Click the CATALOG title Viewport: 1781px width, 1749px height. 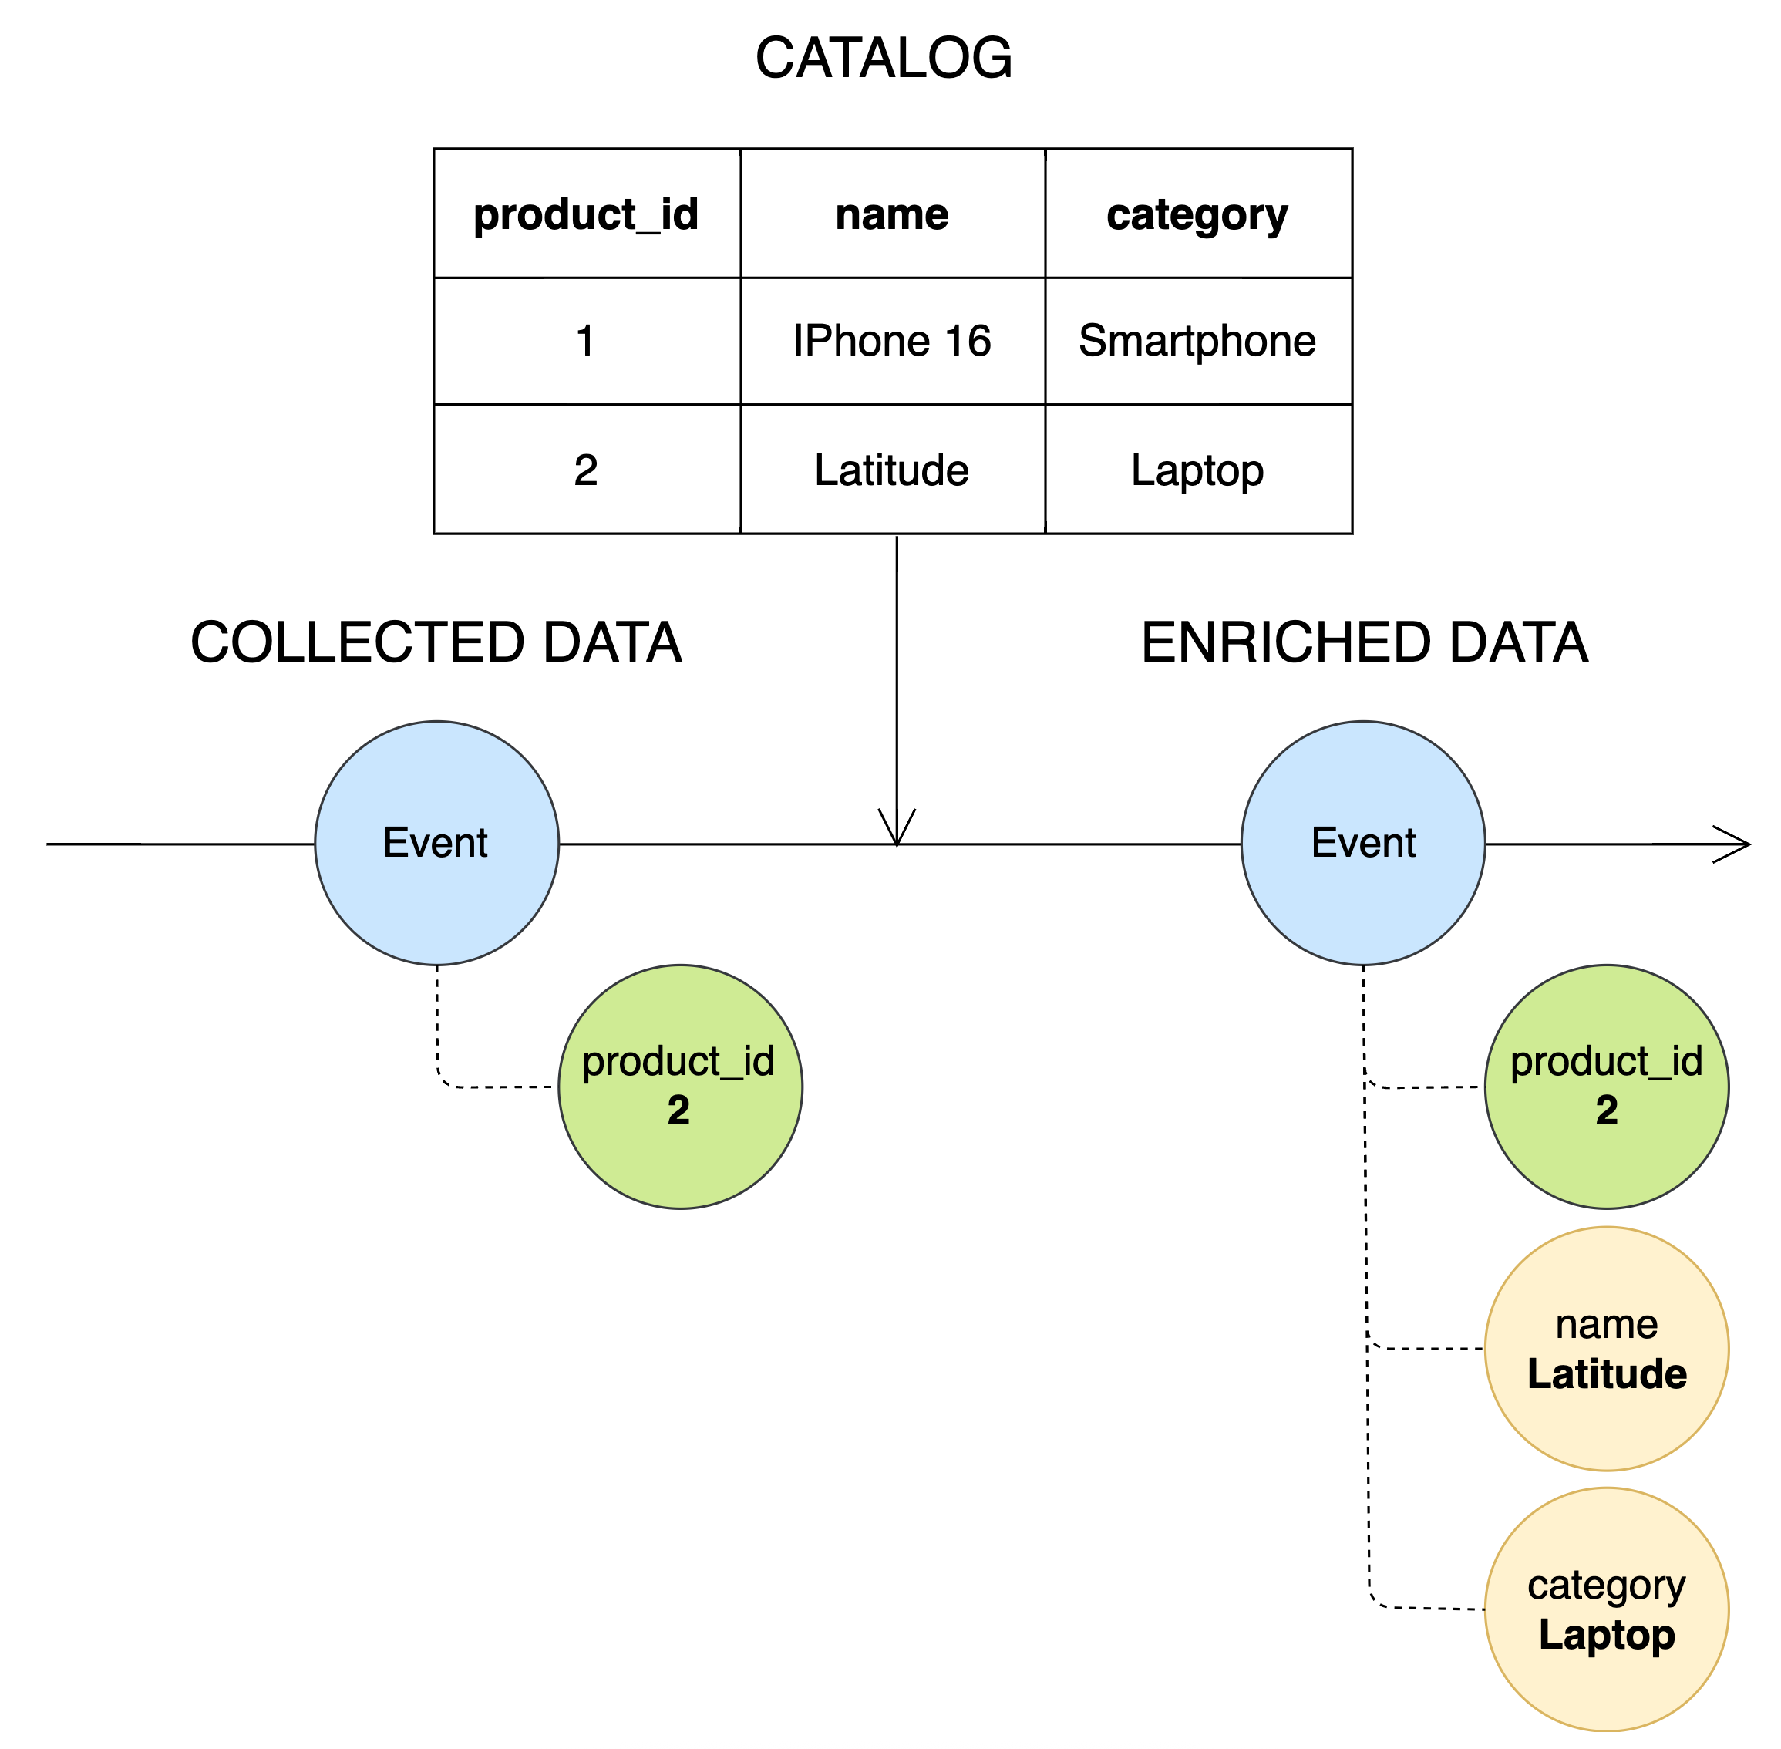[883, 58]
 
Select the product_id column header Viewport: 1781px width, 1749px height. [586, 214]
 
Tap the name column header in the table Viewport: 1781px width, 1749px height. [892, 214]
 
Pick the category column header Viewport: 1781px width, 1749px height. [1197, 214]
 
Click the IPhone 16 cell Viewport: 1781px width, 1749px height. [892, 341]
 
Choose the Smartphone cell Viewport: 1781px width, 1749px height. [1197, 341]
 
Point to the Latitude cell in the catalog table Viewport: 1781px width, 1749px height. [892, 470]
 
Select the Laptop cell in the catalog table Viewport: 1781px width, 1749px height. [1197, 470]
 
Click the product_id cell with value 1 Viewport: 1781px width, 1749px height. [586, 341]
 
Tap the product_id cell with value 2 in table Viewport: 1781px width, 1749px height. [586, 470]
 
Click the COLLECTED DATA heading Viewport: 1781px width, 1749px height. [436, 642]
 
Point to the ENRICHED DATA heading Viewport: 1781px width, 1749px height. [1364, 642]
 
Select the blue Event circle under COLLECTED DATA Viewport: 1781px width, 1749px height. [436, 842]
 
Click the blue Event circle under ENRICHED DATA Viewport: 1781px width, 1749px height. [1363, 842]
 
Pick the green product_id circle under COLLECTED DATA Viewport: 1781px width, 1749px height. [680, 1086]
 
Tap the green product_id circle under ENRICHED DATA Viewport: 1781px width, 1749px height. [1607, 1086]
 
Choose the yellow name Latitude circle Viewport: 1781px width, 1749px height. [1607, 1349]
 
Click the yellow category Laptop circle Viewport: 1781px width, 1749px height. [1607, 1609]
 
